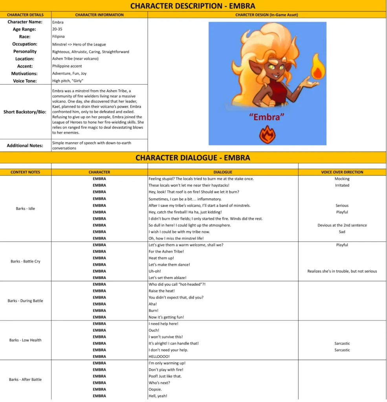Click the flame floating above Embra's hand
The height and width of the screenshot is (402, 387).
pyautogui.click(x=317, y=68)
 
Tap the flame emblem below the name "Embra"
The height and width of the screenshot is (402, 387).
pyautogui.click(x=267, y=134)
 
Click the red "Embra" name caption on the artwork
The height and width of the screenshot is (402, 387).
pyautogui.click(x=267, y=117)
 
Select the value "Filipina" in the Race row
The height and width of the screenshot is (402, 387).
pyautogui.click(x=59, y=37)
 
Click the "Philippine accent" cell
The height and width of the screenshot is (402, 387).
pyautogui.click(x=67, y=66)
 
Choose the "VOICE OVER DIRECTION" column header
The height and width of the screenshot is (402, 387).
pyautogui.click(x=342, y=172)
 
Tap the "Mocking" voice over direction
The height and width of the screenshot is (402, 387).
pyautogui.click(x=342, y=179)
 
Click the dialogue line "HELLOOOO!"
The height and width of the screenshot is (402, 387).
pyautogui.click(x=159, y=356)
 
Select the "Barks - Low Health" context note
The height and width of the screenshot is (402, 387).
pyautogui.click(x=25, y=340)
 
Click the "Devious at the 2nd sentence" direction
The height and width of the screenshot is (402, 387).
pyautogui.click(x=342, y=225)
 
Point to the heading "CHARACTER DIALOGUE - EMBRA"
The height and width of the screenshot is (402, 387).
pyautogui.click(x=193, y=158)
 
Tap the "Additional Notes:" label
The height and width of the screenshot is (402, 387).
pyautogui.click(x=25, y=145)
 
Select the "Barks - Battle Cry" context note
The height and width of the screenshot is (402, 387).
pyautogui.click(x=25, y=261)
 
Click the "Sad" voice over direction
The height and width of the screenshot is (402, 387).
pyautogui.click(x=342, y=232)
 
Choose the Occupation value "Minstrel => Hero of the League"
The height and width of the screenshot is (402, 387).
pyautogui.click(x=79, y=44)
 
